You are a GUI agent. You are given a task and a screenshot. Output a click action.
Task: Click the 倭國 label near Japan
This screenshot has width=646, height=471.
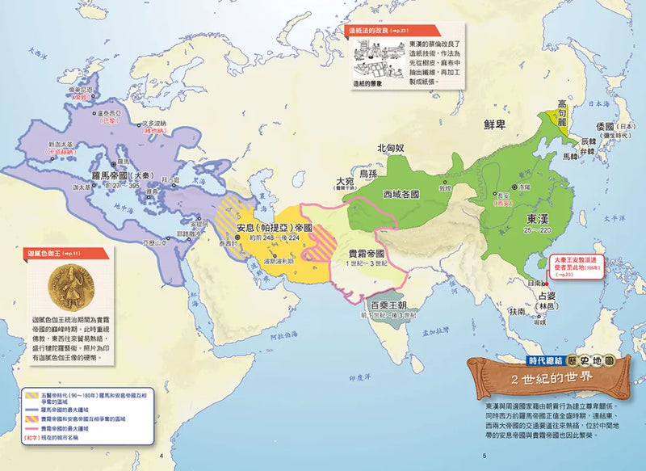pyautogui.click(x=603, y=128)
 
